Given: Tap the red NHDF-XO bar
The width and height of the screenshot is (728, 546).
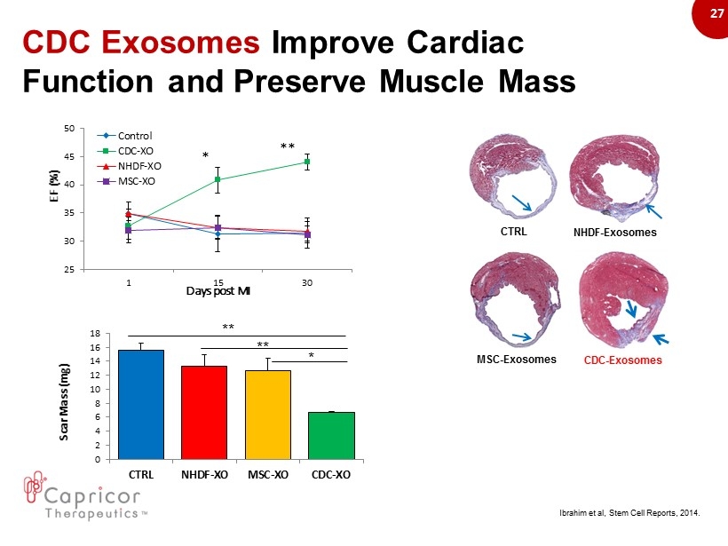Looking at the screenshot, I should click(204, 412).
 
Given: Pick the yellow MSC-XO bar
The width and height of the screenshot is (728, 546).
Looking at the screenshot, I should click(267, 415).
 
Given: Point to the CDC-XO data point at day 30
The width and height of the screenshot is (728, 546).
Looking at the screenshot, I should click(307, 162).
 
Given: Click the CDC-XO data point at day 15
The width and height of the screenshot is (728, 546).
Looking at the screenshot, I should click(218, 179).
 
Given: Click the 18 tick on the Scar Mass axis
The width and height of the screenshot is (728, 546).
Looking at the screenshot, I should click(95, 333).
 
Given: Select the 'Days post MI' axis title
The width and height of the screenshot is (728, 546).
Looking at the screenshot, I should click(218, 291).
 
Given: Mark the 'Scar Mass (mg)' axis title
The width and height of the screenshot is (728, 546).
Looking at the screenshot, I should click(67, 395).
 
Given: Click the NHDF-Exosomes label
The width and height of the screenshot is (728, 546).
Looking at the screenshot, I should click(615, 233).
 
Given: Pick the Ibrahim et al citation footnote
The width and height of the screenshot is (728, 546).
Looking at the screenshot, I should click(629, 513).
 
